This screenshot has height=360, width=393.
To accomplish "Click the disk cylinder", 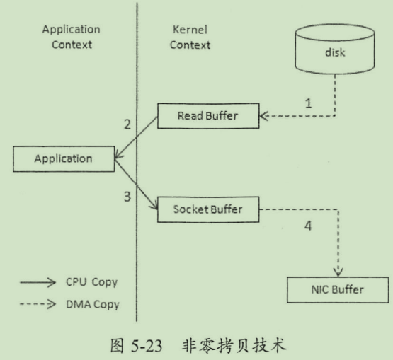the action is coord(335,49).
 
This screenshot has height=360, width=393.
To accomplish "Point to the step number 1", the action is coord(309,103).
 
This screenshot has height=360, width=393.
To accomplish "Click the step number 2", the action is coord(127,124).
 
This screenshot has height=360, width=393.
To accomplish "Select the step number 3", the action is coord(127,197).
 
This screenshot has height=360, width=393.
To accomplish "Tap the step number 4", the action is coord(308,226).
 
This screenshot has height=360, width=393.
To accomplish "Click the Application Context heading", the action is coord(72,37).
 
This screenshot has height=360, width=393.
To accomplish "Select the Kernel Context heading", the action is coord(190,37).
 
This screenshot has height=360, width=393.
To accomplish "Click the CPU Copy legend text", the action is coord(92,282).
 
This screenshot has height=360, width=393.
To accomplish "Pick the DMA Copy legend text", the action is coord(93,305).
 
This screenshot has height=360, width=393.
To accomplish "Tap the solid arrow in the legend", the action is coord(38,283).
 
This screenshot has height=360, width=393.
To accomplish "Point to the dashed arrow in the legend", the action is coord(38,304).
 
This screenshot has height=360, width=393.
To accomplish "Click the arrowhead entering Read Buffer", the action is coord(263,116).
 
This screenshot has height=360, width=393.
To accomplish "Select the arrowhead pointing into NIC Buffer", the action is coord(338,272).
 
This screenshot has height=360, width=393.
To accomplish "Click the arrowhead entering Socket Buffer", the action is coord(154,206).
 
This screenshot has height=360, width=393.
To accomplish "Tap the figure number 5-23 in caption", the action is coord(147,346).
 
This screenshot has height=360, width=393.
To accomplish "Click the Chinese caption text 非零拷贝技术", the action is coord(234,345).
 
